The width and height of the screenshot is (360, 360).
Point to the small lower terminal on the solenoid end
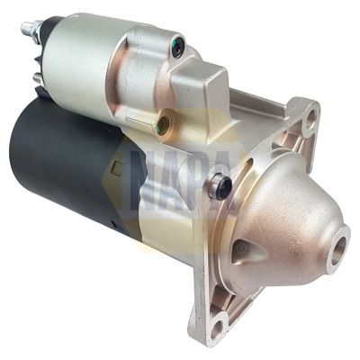click(38, 79)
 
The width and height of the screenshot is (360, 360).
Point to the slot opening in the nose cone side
click(246, 255)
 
